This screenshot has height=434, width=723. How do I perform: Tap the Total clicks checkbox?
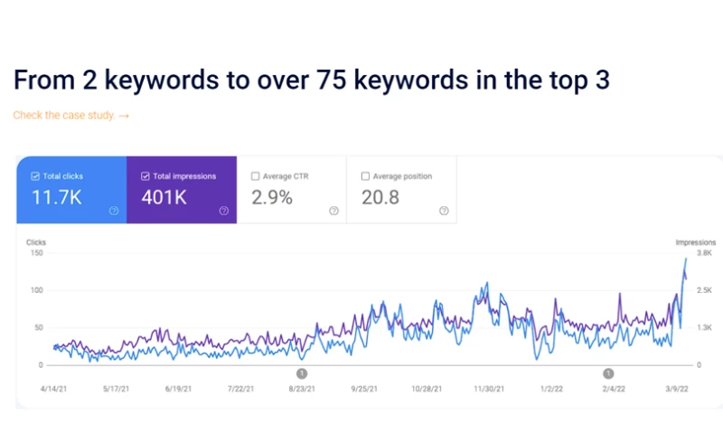34,176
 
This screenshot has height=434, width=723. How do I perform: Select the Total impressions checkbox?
146,176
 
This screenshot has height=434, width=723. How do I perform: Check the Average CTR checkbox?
256,176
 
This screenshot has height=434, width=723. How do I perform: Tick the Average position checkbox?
365,176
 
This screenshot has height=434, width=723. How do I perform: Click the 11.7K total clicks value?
56,197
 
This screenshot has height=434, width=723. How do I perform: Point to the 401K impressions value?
168,197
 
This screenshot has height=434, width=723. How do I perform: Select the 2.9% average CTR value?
271,197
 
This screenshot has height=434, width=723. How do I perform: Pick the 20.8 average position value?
380,197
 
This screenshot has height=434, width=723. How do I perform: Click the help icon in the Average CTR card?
333,211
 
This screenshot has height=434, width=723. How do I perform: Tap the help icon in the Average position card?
444,211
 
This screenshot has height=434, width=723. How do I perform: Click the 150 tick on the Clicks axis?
36,252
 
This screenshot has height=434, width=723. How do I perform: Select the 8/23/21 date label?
302,389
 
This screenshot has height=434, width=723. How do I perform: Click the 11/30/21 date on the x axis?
488,389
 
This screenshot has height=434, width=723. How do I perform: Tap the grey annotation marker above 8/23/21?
302,373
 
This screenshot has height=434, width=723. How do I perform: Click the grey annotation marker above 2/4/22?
609,373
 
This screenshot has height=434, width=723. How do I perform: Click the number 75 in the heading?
329,80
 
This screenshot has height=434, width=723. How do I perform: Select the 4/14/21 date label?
55,389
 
